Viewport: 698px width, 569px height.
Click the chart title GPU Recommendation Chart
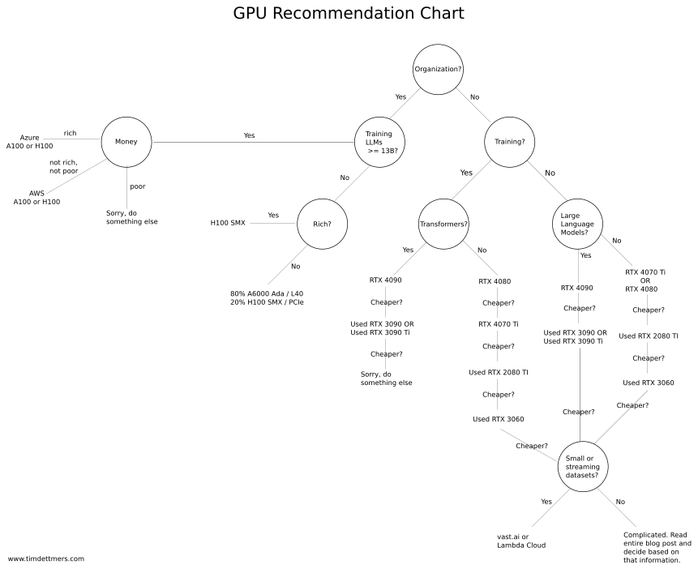tap(349, 14)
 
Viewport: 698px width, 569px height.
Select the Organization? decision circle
tap(438, 69)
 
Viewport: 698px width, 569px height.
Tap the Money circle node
tap(126, 142)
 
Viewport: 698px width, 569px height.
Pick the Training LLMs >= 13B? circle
tap(379, 142)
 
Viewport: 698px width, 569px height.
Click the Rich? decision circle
tap(322, 223)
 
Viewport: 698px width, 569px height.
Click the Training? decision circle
tap(509, 142)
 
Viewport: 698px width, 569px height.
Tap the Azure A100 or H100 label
tap(30, 142)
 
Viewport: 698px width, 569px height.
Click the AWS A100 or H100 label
tap(36, 198)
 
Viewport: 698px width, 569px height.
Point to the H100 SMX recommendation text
tap(228, 222)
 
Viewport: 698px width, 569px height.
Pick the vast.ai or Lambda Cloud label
tap(520, 541)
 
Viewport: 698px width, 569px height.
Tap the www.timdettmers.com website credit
tap(46, 558)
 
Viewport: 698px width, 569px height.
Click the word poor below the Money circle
tap(138, 186)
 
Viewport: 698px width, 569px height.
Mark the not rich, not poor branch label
tap(63, 166)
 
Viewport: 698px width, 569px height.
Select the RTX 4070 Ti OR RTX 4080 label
tap(645, 280)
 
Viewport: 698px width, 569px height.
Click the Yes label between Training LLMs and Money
tap(249, 135)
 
